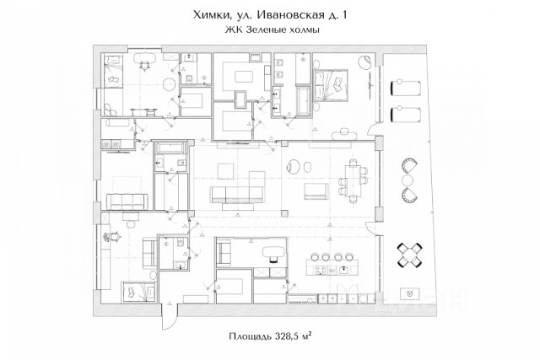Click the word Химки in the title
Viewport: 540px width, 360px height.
[x=210, y=13]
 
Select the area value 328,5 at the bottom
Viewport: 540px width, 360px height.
[x=289, y=336]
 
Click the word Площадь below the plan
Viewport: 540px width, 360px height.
[x=251, y=336]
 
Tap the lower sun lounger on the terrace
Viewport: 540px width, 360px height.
[x=406, y=113]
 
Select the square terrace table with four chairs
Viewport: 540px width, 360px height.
[x=413, y=253]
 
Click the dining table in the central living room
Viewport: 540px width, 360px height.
[x=353, y=180]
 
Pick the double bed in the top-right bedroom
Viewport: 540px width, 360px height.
[x=333, y=83]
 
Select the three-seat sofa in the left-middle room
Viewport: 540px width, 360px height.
[x=127, y=201]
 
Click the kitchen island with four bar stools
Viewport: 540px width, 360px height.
[x=329, y=269]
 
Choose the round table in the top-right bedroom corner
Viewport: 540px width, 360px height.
[x=364, y=62]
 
